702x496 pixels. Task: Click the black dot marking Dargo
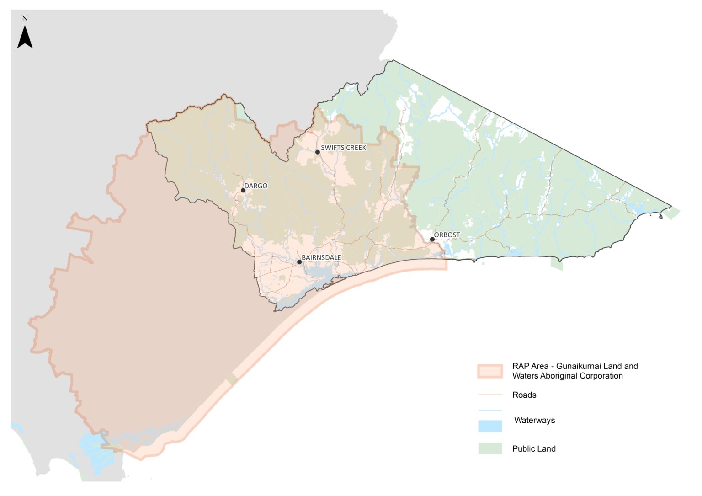click(243, 191)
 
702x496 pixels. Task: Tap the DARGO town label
click(256, 186)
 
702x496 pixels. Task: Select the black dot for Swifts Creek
click(318, 152)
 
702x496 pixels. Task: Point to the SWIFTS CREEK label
click(343, 148)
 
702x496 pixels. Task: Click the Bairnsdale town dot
click(299, 262)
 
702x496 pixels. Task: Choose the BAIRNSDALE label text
click(321, 258)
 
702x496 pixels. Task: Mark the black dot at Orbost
click(432, 240)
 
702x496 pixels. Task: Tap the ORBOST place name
click(447, 235)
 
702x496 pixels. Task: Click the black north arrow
click(25, 37)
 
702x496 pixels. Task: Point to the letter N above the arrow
click(25, 19)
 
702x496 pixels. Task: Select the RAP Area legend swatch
click(490, 371)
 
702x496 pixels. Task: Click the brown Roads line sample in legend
click(490, 395)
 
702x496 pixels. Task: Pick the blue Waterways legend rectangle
click(490, 426)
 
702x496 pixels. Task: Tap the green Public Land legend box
click(490, 448)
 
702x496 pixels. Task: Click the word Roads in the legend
click(524, 395)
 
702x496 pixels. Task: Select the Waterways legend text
click(534, 421)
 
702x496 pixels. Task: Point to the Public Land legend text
click(534, 449)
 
